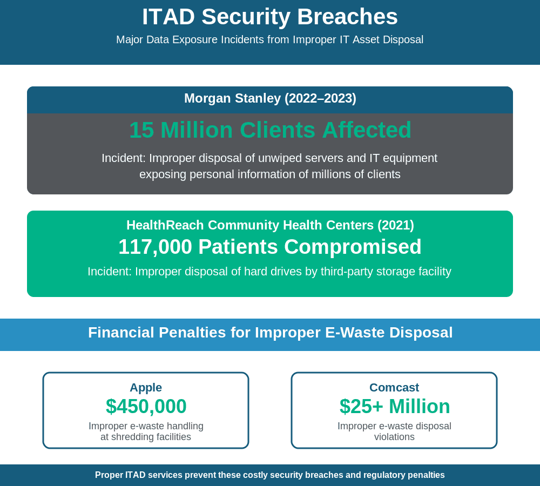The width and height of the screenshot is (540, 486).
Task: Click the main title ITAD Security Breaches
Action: [x=270, y=17]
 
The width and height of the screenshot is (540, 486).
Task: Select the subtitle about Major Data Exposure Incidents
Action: [x=270, y=39]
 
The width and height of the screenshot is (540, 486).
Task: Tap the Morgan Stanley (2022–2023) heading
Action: [x=270, y=98]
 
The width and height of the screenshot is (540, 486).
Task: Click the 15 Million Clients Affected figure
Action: [x=270, y=130]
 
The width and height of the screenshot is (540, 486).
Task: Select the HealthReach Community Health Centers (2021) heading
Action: [x=270, y=225]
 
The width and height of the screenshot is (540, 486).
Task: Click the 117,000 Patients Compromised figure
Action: [x=270, y=247]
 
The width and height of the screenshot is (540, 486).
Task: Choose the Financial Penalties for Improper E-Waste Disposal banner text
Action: [x=270, y=333]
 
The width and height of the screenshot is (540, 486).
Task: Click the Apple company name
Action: [x=146, y=387]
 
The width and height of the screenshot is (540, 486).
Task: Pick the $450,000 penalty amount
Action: [x=146, y=407]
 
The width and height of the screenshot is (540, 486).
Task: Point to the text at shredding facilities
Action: [x=146, y=437]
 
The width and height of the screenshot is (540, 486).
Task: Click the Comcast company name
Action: [x=394, y=387]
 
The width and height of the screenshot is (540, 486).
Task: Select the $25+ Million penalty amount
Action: [x=394, y=407]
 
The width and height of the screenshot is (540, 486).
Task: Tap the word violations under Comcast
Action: [x=394, y=437]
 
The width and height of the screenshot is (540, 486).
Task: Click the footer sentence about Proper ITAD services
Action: [x=270, y=475]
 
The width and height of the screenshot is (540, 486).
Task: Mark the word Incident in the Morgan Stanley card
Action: [x=123, y=158]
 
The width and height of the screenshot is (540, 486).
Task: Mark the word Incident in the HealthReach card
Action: [x=109, y=272]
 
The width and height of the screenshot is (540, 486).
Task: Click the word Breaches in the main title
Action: [x=347, y=17]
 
